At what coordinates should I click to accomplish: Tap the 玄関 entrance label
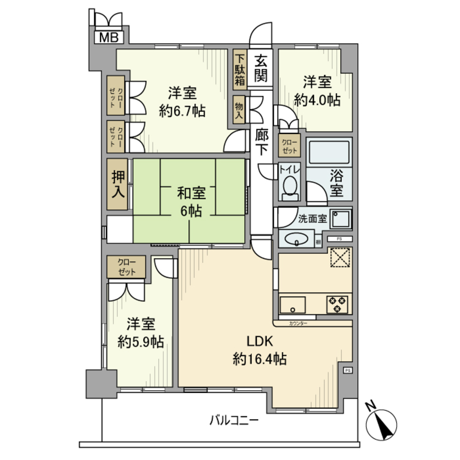(261, 68)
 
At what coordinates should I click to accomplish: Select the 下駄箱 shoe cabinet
(240, 68)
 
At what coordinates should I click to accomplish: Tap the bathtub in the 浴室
(328, 151)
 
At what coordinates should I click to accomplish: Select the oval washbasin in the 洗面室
(295, 239)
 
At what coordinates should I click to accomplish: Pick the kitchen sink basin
(293, 305)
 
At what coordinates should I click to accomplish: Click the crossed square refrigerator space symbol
(340, 258)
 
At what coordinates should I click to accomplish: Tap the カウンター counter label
(299, 324)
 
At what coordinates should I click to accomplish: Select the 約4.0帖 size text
(317, 100)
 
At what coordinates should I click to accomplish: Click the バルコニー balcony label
(235, 420)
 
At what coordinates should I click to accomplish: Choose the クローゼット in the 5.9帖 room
(126, 267)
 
